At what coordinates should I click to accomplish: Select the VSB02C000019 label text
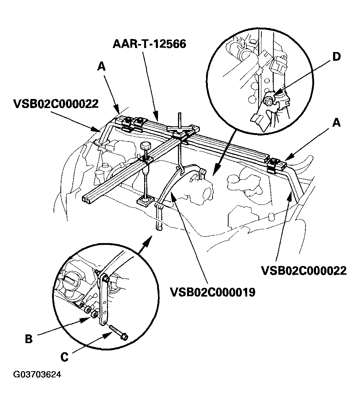(212, 292)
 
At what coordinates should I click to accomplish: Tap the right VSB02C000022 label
(304, 271)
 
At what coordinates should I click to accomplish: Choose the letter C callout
(64, 357)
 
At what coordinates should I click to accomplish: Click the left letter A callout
(101, 66)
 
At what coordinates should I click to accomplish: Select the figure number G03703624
(37, 374)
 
